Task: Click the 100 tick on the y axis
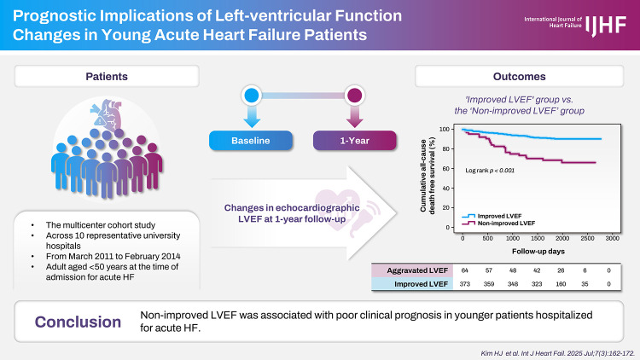click(444, 130)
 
